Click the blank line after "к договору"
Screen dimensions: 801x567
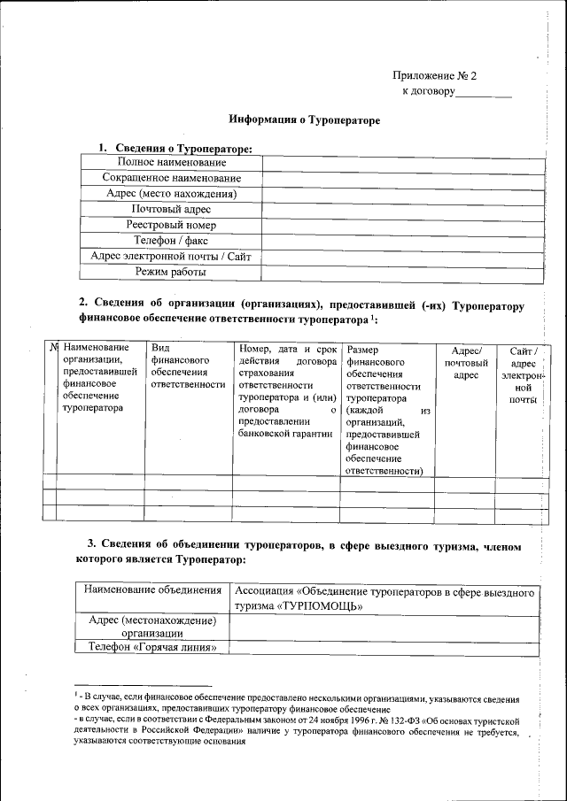(485, 91)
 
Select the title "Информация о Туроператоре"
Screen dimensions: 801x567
(304, 119)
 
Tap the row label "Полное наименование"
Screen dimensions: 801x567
(171, 163)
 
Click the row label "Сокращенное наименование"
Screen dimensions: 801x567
(171, 179)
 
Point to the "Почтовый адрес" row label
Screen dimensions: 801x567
(171, 210)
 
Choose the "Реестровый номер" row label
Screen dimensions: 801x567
(171, 226)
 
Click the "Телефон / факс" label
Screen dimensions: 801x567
(171, 241)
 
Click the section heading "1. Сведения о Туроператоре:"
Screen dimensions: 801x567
(175, 147)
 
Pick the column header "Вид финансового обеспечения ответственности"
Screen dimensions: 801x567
(188, 367)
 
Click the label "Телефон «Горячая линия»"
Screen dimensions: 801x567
(151, 648)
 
